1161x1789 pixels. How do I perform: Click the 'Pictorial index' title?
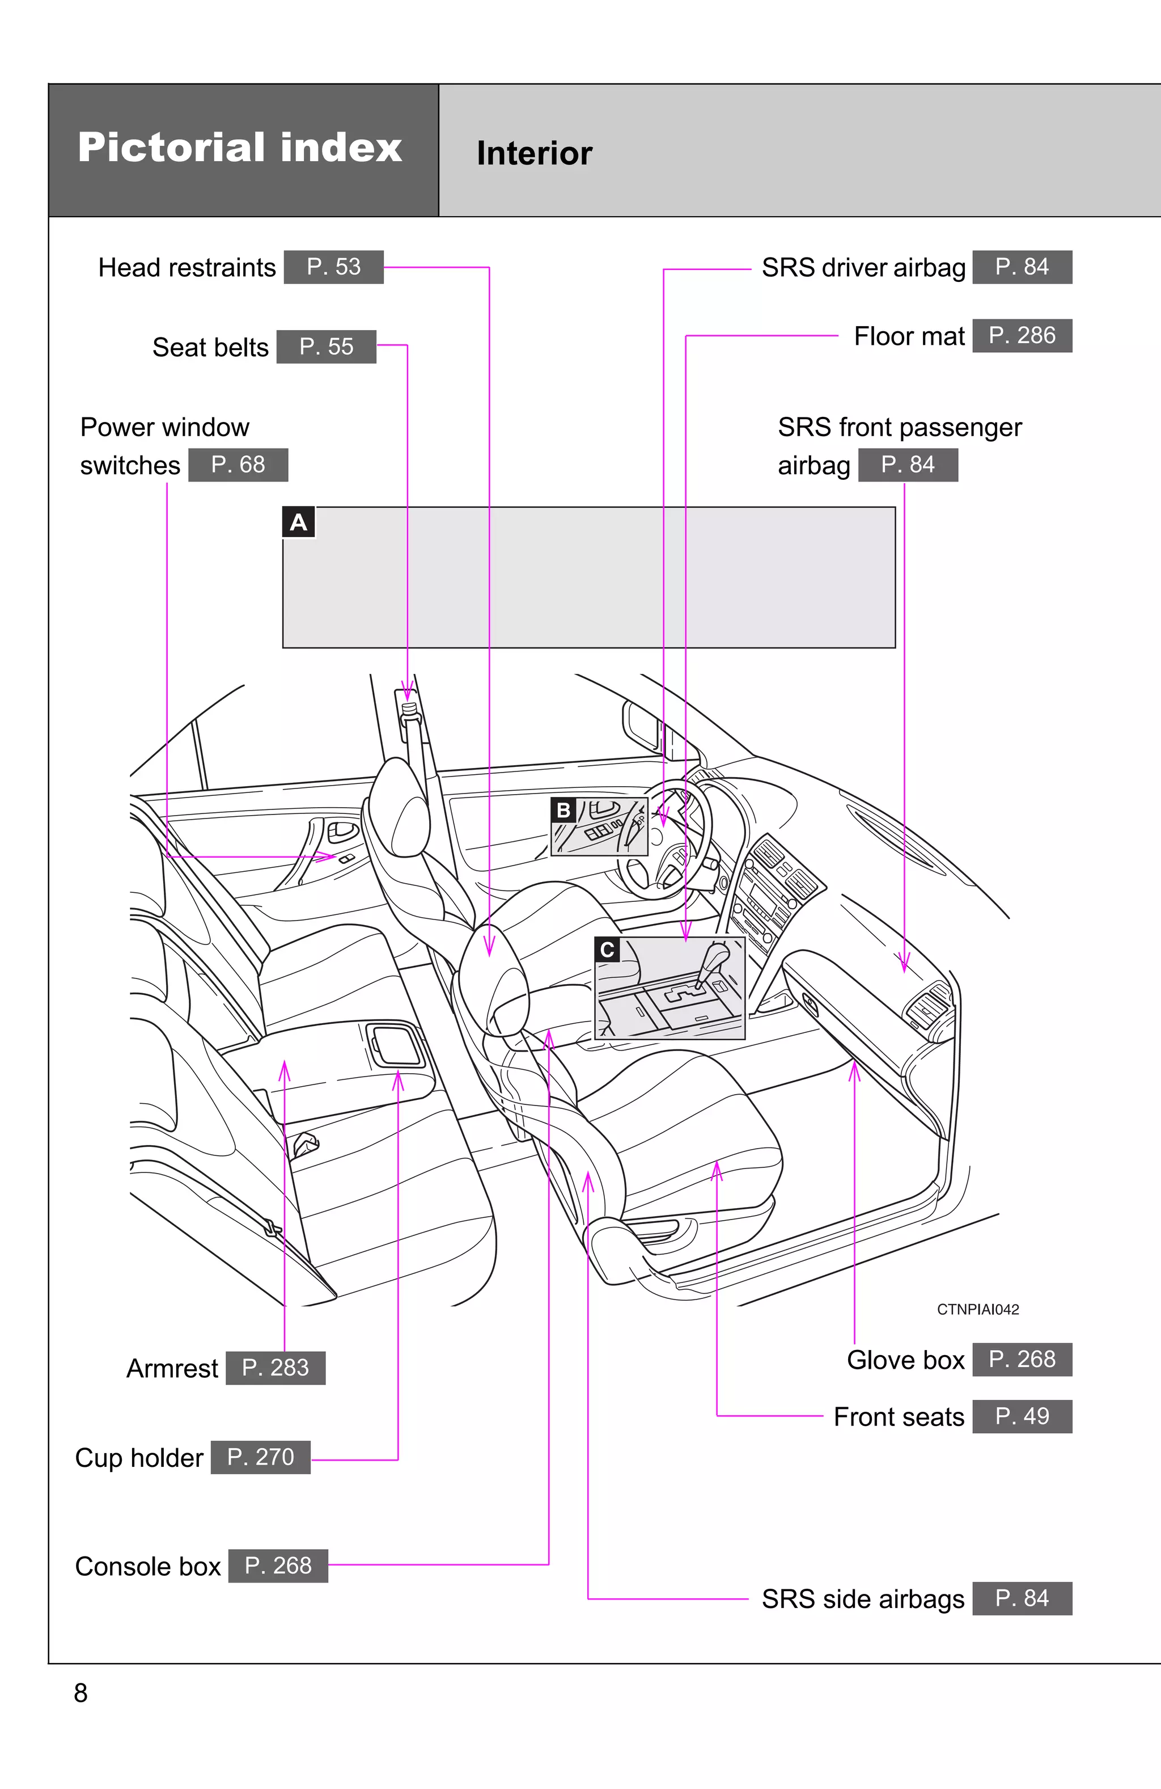[240, 147]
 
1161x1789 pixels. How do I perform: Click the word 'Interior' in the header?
[534, 153]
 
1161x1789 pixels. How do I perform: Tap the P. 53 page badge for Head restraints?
[334, 267]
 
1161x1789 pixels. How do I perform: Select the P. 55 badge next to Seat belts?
[326, 347]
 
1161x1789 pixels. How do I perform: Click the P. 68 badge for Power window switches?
[238, 465]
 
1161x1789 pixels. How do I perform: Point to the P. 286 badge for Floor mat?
[1022, 335]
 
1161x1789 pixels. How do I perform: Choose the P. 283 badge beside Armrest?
[275, 1368]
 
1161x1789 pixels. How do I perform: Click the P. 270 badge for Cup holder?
[260, 1457]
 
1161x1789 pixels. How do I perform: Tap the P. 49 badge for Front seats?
[1022, 1416]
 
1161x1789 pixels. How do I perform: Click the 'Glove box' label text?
[905, 1360]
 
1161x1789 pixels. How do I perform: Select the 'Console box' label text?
[148, 1566]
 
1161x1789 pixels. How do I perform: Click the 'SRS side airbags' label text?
[863, 1599]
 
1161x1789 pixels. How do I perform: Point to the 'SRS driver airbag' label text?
[863, 268]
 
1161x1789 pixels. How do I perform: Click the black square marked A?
[298, 522]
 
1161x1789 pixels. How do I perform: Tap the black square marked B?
[563, 811]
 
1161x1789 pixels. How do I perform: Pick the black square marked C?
[607, 950]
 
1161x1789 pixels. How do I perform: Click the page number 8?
[80, 1693]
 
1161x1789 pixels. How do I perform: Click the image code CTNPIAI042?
[978, 1310]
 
